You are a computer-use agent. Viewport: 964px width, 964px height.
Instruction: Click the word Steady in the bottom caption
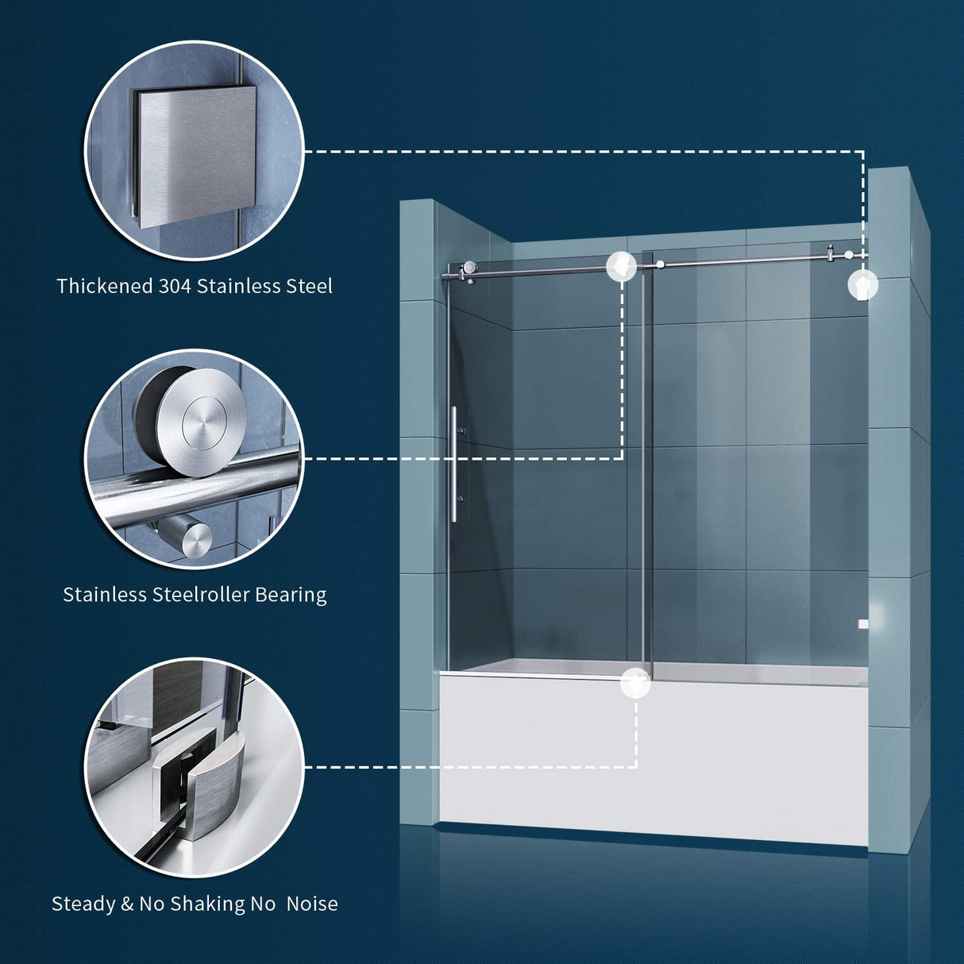point(83,904)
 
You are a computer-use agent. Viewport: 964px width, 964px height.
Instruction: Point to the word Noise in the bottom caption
point(312,904)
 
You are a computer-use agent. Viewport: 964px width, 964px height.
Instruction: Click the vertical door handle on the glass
point(454,464)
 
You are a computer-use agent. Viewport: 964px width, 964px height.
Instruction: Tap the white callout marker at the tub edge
point(636,682)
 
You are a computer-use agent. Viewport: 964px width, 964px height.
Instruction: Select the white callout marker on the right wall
point(862,284)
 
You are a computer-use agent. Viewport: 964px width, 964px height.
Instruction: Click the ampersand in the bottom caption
point(127,904)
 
